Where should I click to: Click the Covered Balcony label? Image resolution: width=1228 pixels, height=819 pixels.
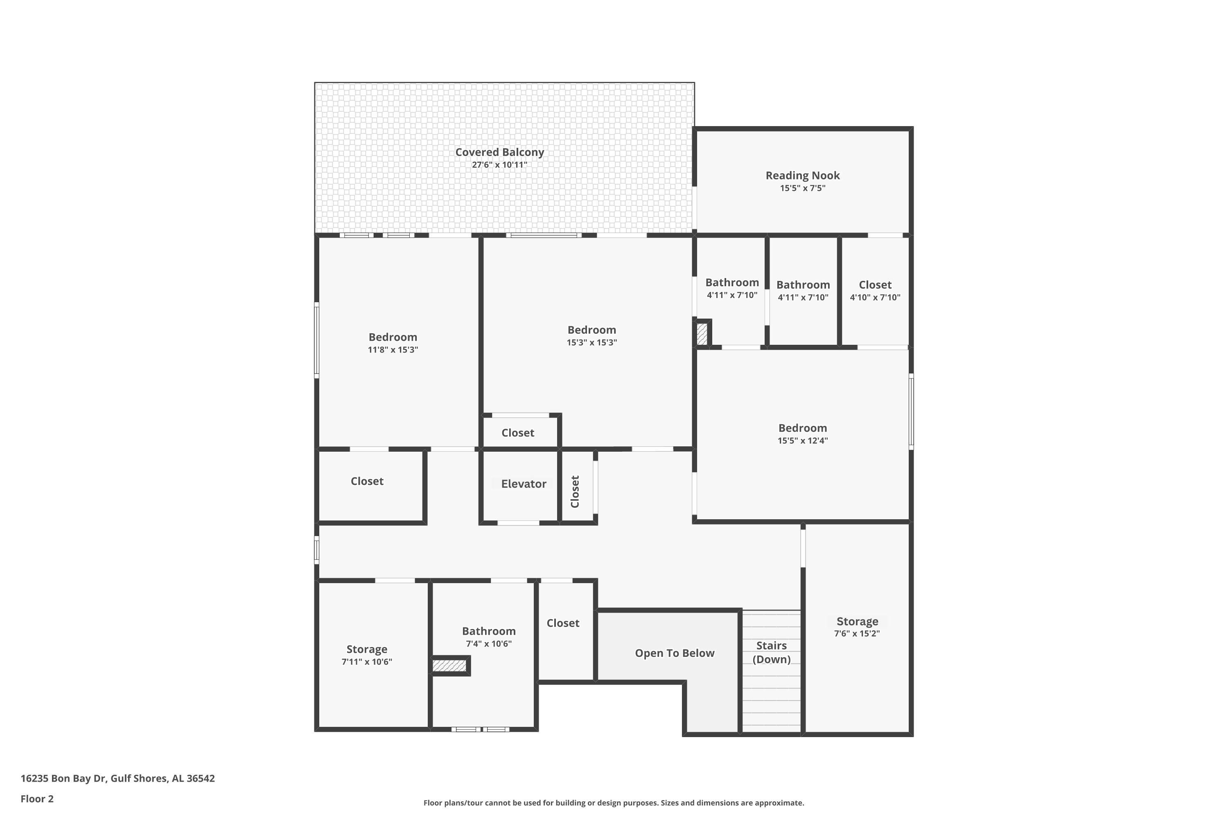tap(500, 152)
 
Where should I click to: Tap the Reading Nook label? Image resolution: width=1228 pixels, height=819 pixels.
tap(802, 176)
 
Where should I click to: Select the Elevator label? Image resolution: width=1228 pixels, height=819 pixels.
tap(524, 484)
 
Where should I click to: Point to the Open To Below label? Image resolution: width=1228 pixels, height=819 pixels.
tap(675, 653)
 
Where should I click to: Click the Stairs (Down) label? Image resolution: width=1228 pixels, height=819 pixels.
tap(771, 652)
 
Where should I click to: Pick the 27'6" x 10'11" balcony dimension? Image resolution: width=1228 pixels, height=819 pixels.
tap(500, 165)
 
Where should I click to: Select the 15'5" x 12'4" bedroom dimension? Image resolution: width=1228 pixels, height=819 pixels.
tap(802, 440)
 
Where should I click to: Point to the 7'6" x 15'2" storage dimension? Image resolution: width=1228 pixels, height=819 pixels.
tap(857, 633)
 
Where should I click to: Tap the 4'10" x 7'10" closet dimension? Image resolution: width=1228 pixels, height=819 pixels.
tap(875, 298)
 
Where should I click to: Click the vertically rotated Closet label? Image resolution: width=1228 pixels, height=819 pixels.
tap(575, 491)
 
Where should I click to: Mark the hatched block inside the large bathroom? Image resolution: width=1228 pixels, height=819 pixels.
tap(449, 665)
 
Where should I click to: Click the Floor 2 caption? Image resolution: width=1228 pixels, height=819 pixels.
tap(37, 799)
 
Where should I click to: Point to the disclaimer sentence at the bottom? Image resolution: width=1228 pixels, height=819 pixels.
tap(614, 803)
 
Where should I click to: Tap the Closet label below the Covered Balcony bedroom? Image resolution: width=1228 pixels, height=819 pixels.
tap(517, 432)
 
